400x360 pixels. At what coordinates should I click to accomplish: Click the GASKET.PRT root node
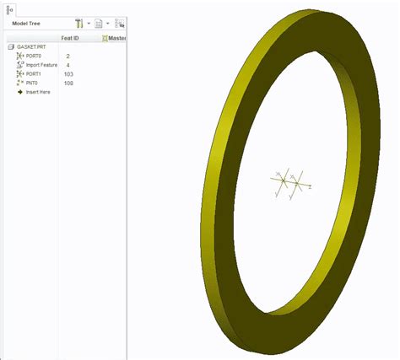(25, 47)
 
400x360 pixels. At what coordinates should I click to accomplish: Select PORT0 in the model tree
(33, 56)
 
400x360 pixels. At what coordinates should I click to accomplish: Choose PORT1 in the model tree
(33, 74)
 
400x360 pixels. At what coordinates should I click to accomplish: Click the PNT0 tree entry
(32, 83)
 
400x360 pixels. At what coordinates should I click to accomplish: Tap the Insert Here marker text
(38, 92)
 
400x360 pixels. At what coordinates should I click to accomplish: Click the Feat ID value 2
(68, 56)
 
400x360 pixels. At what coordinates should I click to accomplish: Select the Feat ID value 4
(68, 65)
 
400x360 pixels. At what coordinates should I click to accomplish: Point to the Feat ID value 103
(69, 74)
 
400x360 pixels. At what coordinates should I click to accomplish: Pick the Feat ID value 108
(69, 83)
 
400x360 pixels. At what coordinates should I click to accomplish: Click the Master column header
(115, 38)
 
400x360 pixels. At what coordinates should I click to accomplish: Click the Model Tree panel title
(28, 24)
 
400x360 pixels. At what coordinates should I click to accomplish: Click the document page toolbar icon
(99, 24)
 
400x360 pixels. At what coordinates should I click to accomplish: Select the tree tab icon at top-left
(9, 8)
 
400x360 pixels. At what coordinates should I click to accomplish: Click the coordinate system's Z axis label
(310, 187)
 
